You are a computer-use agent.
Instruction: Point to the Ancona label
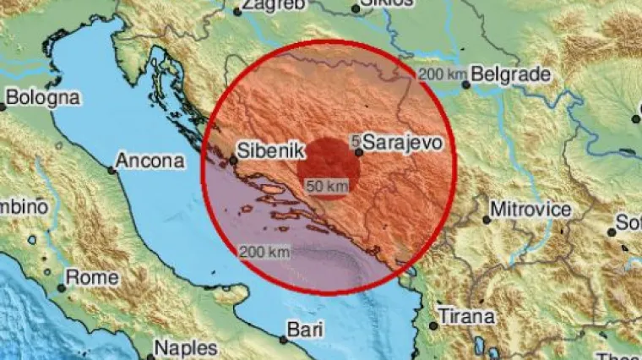(x=150, y=160)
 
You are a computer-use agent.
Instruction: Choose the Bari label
(x=305, y=327)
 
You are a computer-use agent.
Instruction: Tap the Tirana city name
(x=467, y=317)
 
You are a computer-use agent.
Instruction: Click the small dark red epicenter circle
(x=331, y=163)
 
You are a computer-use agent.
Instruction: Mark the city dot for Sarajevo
(x=359, y=153)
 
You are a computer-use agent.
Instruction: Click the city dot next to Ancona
(x=111, y=170)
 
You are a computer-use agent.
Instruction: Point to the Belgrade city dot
(x=465, y=85)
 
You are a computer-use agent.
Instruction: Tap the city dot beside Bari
(x=283, y=339)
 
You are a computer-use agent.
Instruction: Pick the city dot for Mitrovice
(x=487, y=220)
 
